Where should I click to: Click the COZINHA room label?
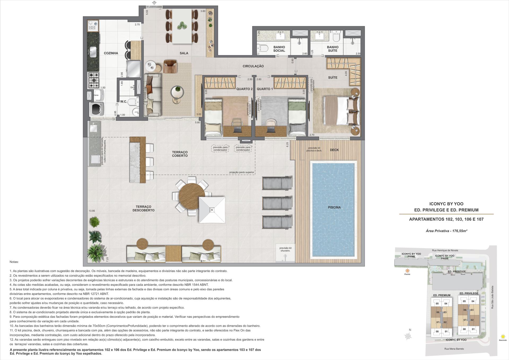coord(111,53)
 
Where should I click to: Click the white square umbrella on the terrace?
coord(212,210)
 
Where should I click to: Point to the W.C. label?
coord(123,102)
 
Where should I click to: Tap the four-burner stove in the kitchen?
coord(94,80)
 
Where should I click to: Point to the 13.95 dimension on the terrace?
coord(92,211)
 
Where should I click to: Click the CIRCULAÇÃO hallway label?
coord(253,66)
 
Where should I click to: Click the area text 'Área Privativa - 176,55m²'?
coord(446,231)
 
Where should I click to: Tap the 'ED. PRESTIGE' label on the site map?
coord(457,272)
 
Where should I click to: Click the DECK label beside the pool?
coord(334,150)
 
